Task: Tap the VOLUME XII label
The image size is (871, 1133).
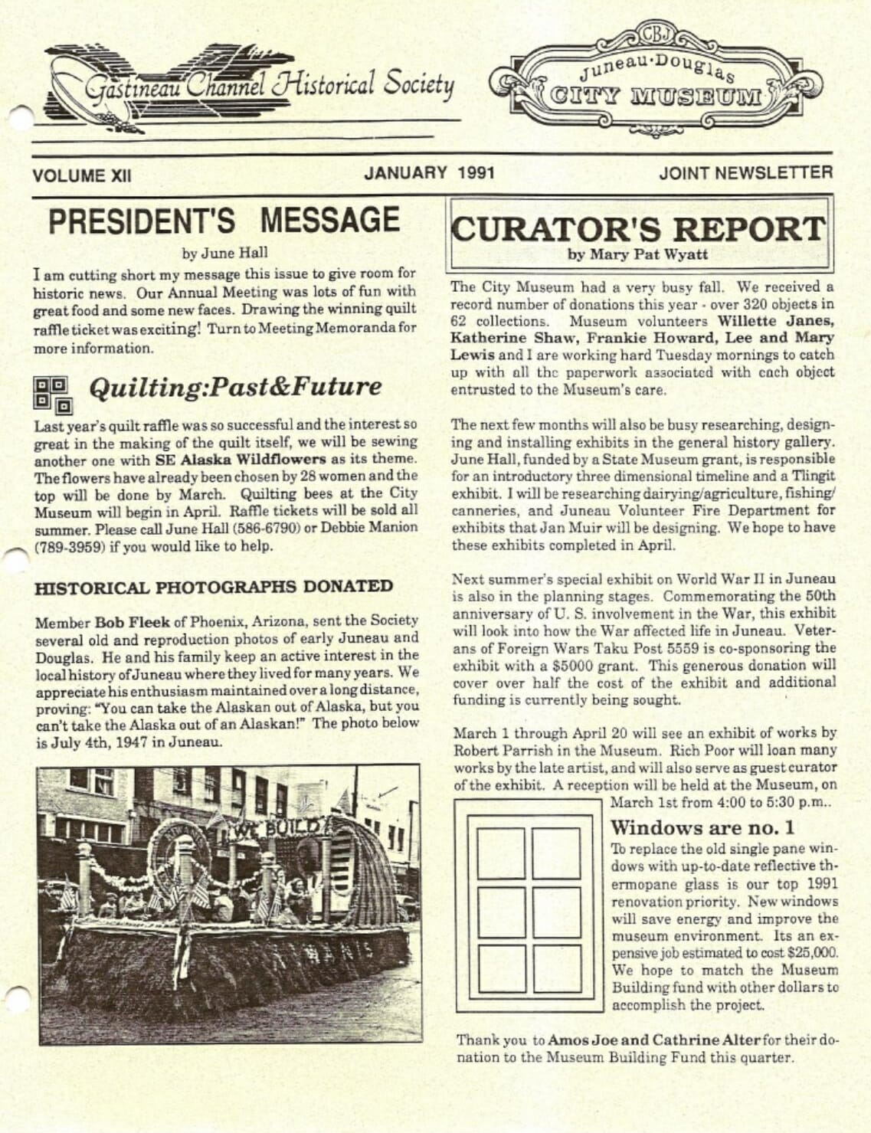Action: tap(81, 175)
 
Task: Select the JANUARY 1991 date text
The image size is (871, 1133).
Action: tap(429, 173)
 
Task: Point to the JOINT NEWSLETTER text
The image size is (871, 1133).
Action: tap(745, 173)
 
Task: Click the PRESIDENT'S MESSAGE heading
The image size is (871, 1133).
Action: tap(224, 221)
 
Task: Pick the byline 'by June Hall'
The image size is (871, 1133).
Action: tap(225, 253)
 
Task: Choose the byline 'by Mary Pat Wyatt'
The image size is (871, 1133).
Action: tap(637, 254)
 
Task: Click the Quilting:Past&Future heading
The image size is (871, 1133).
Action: tap(235, 388)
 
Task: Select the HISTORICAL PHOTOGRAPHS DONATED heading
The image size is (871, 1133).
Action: tap(214, 587)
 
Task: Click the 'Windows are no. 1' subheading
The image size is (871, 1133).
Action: tap(702, 827)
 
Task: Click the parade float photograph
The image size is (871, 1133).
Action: tap(229, 904)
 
